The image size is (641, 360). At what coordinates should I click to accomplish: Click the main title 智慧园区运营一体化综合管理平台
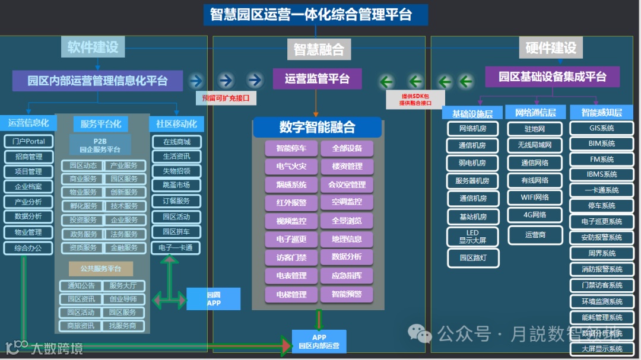(315, 14)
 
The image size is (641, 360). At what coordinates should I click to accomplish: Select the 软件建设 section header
(93, 47)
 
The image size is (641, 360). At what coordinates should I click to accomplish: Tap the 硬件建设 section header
(550, 48)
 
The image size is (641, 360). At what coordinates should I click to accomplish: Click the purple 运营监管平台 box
(317, 79)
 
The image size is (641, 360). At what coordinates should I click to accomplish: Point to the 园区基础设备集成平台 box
(552, 77)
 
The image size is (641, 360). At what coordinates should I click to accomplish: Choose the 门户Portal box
(28, 142)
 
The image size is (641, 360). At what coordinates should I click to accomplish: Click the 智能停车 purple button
(291, 148)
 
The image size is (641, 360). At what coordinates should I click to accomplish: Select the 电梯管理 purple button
(291, 294)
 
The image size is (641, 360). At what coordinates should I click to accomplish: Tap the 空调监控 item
(347, 203)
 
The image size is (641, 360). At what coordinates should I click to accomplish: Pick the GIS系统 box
(601, 128)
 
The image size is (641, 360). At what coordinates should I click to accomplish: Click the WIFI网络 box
(535, 197)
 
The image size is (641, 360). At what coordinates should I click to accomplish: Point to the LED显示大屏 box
(472, 237)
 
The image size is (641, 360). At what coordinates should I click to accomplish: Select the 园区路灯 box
(472, 259)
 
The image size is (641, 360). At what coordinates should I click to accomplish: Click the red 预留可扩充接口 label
(226, 98)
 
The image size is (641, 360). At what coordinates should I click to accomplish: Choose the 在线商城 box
(176, 142)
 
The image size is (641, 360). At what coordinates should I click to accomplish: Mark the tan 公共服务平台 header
(100, 269)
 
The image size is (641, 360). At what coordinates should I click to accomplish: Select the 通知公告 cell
(81, 285)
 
